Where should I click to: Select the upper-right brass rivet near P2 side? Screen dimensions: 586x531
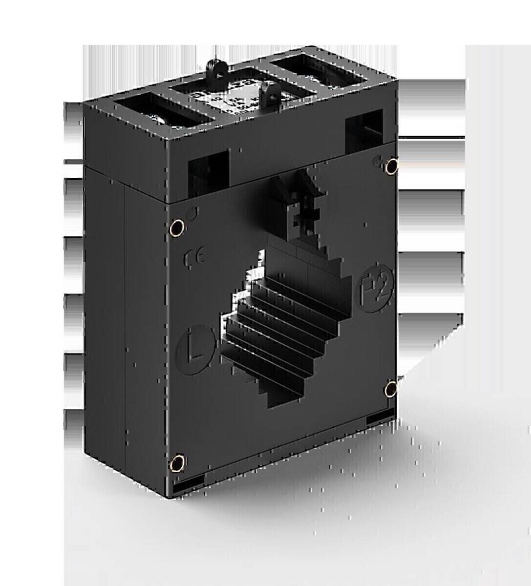[391, 167]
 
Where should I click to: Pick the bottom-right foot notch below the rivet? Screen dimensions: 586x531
[380, 419]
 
